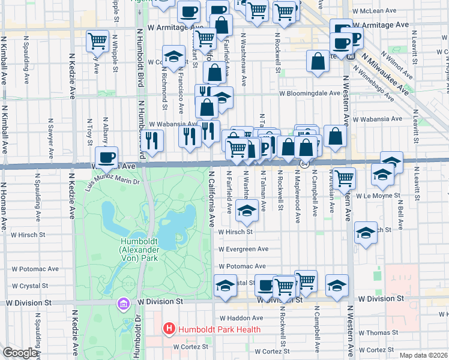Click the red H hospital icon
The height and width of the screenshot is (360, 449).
[169, 329]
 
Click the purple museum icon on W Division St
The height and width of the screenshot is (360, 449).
[124, 304]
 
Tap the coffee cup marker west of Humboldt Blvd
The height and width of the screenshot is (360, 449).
[106, 158]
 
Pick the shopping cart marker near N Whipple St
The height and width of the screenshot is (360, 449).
[97, 41]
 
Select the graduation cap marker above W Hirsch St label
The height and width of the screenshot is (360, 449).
[246, 211]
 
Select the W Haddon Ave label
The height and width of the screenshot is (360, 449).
[241, 318]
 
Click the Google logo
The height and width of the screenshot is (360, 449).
[20, 353]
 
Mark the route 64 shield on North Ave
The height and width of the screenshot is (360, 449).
[305, 163]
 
